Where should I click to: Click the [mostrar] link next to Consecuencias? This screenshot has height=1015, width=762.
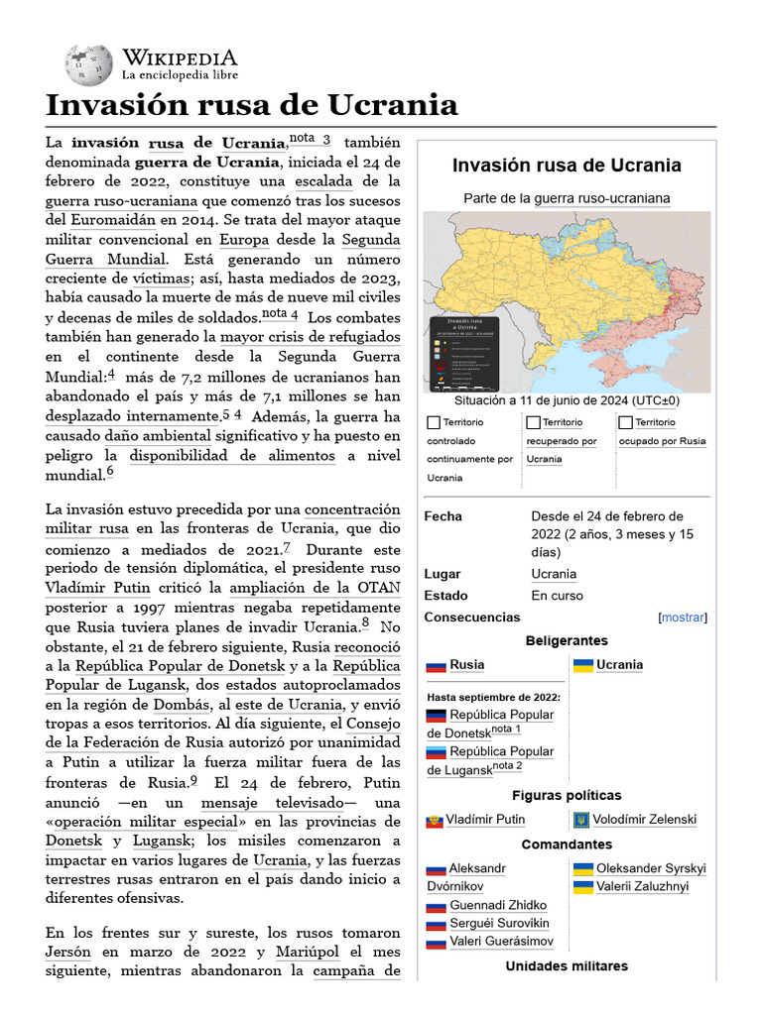tap(683, 618)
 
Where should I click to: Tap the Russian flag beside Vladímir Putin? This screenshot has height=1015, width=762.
tap(434, 821)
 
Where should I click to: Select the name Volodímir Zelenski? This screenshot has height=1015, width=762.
tap(644, 820)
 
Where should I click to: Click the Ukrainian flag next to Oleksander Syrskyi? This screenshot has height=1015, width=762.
tap(583, 869)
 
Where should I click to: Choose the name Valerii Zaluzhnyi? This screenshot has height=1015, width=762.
tap(642, 887)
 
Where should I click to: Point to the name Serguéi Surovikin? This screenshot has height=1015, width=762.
tap(499, 924)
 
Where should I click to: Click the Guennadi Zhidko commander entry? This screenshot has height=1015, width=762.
tap(498, 905)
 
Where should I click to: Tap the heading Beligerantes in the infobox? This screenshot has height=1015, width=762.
tap(567, 641)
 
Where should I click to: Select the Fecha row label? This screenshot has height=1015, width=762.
tap(444, 516)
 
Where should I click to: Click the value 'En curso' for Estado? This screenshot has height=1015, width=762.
tap(558, 596)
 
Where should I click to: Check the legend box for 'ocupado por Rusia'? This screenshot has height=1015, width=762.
tap(626, 423)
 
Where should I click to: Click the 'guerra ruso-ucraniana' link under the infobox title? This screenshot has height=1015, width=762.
tap(602, 198)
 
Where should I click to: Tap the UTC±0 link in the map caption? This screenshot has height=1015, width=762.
tap(658, 400)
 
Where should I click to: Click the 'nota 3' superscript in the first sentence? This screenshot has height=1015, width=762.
tap(310, 139)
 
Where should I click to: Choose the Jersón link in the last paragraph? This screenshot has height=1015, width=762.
tap(67, 952)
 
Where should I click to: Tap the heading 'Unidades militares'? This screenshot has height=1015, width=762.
tap(567, 965)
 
